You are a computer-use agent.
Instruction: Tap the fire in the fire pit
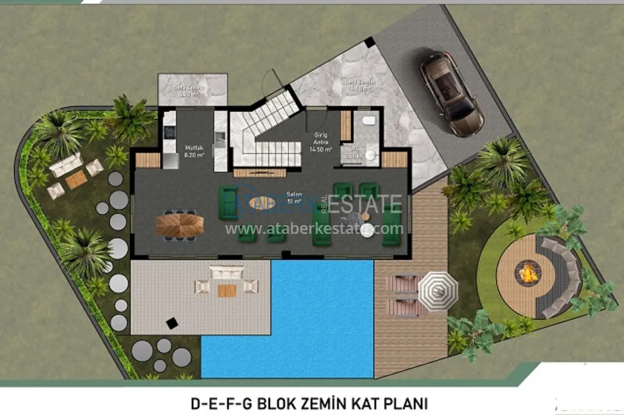tap(527, 274)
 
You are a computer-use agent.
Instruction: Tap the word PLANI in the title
tap(405, 403)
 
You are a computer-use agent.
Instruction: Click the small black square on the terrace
tap(172, 321)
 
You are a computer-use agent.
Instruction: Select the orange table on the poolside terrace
tap(227, 290)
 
